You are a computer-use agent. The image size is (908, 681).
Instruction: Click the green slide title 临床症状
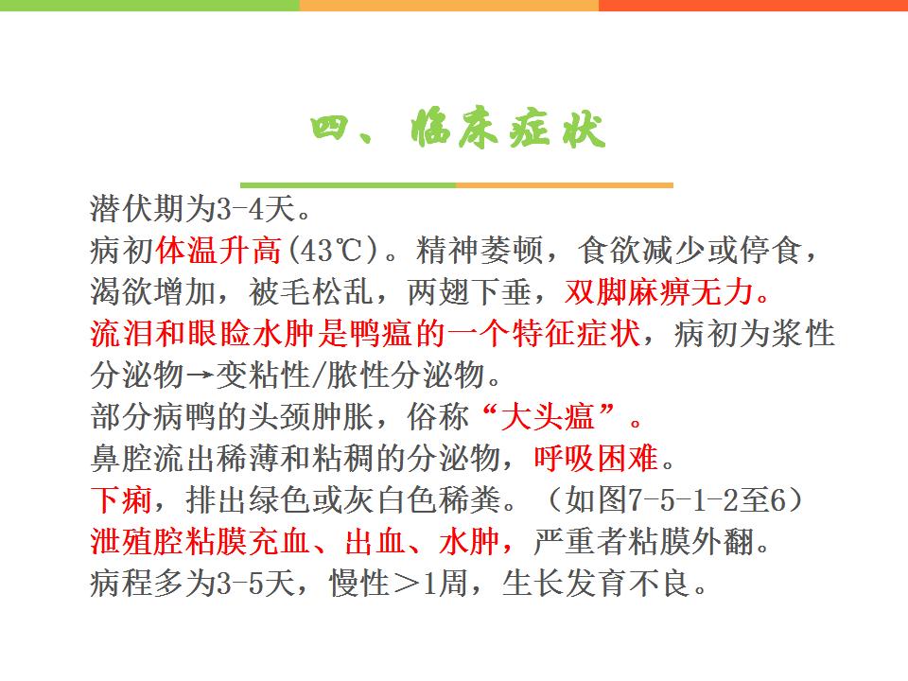(509, 128)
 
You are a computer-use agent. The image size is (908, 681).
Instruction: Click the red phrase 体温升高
(218, 250)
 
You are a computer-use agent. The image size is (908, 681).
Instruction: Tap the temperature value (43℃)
(333, 250)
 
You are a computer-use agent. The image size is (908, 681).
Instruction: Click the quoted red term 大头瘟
(548, 416)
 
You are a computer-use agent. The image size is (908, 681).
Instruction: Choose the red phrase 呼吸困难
(596, 458)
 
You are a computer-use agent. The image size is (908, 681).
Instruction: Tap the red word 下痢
(122, 499)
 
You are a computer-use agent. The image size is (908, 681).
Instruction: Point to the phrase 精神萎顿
(479, 250)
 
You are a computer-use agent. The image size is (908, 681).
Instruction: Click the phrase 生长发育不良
(596, 584)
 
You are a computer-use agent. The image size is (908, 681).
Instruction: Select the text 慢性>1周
(399, 584)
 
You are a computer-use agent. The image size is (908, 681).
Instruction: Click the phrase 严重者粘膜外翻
(643, 541)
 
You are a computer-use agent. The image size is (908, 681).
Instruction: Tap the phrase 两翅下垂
(469, 292)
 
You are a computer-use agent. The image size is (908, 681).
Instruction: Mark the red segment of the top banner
(754, 6)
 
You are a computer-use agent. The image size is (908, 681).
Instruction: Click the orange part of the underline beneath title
(565, 185)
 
